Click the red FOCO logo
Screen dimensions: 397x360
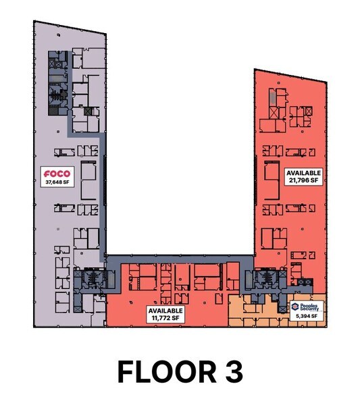(x=57, y=173)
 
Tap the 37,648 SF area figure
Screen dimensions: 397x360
(x=57, y=182)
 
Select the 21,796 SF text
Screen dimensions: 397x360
(x=303, y=182)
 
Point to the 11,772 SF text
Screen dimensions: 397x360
(x=165, y=317)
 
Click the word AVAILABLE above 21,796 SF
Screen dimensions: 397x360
(x=303, y=173)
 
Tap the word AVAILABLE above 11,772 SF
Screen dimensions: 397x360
(x=165, y=309)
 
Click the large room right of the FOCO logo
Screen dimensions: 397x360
(x=88, y=180)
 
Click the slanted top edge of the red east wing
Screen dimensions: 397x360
(x=290, y=75)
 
